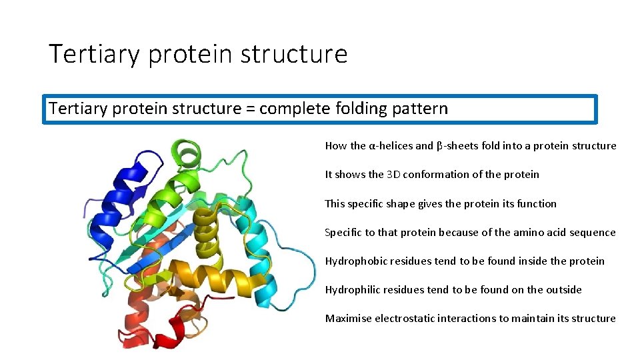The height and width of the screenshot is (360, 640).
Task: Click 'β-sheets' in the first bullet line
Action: (456, 146)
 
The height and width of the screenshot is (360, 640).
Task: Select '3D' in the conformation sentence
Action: (393, 175)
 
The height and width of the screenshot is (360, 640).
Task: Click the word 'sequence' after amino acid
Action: (593, 233)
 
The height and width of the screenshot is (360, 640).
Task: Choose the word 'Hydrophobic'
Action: (354, 261)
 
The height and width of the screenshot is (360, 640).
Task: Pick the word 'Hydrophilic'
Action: (353, 290)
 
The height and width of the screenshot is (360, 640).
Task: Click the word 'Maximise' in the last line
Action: (348, 319)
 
